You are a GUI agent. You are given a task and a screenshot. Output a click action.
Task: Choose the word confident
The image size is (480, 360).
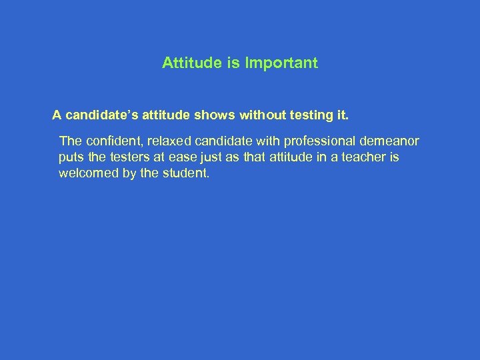pos(111,141)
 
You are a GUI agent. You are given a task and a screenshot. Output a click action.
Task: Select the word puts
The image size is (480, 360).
pos(70,158)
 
